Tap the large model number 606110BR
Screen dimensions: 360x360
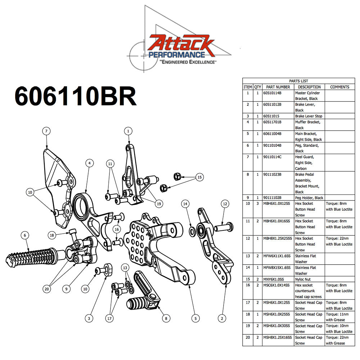click(x=75, y=96)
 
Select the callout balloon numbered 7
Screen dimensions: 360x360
click(x=46, y=131)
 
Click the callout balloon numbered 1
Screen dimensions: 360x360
click(x=128, y=131)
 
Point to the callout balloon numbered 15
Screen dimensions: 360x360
click(x=199, y=177)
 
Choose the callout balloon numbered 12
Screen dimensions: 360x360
click(x=224, y=204)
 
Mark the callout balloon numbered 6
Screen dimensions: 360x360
click(x=24, y=235)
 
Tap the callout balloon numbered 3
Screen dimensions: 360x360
click(x=90, y=318)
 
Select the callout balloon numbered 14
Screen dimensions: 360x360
click(x=185, y=204)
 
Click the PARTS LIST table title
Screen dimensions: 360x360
click(x=298, y=81)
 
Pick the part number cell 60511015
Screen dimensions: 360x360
click(x=272, y=116)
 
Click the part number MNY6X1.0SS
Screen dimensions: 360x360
click(x=276, y=279)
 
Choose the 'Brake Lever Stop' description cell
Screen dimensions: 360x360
click(x=309, y=116)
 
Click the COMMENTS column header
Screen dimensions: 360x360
click(x=339, y=87)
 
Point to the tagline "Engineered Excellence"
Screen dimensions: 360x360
click(x=188, y=62)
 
